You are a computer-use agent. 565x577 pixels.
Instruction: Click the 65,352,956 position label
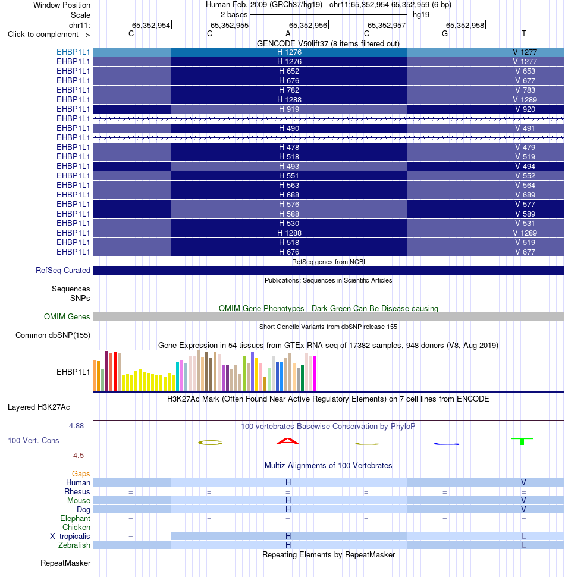coord(308,25)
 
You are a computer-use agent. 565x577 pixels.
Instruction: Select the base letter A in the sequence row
coord(288,34)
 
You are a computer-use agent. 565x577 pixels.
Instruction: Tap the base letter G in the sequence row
coord(445,34)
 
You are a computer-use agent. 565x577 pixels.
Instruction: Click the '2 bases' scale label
coord(234,15)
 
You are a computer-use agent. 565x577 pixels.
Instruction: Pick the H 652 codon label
coord(289,71)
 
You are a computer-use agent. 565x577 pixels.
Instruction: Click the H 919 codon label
coord(289,109)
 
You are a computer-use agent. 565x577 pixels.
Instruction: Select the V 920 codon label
coord(525,109)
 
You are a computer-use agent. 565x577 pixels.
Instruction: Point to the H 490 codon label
coord(289,128)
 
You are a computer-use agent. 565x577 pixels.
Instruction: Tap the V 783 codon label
coord(525,90)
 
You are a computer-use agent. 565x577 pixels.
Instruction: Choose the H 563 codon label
coord(289,185)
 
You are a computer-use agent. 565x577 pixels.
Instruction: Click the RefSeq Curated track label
coord(63,270)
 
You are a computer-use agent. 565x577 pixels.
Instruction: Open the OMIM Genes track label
coord(67,316)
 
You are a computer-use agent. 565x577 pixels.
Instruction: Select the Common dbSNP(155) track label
coord(53,335)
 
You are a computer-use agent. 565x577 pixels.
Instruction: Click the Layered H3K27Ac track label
coord(39,407)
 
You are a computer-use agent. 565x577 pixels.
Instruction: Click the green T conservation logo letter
coord(522,441)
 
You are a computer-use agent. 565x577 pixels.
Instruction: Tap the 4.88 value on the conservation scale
coord(77,426)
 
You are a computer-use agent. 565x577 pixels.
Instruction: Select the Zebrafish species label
coord(74,545)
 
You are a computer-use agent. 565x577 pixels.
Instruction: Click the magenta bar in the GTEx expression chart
coord(315,373)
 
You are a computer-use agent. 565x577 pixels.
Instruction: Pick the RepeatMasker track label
coord(65,563)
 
